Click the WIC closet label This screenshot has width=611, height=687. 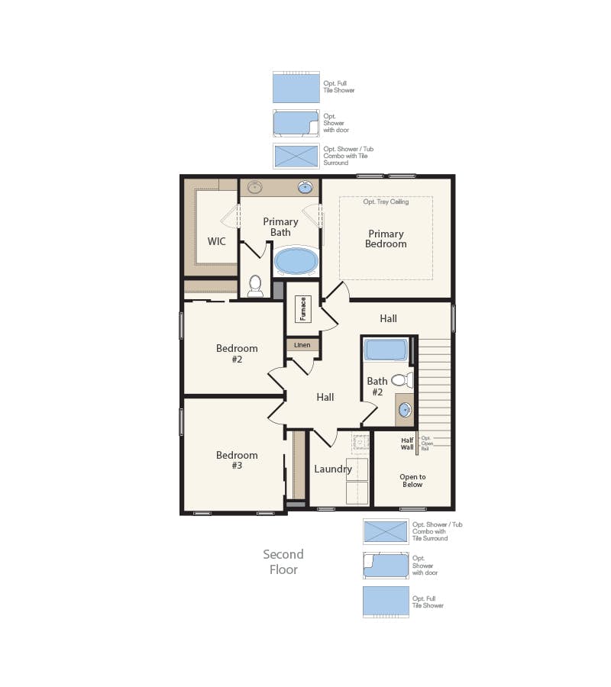(216, 241)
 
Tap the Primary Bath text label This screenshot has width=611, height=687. (280, 227)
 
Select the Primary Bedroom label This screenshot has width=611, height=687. (386, 239)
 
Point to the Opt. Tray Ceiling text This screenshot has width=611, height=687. (386, 202)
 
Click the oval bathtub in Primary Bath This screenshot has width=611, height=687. (296, 261)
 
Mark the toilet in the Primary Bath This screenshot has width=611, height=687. (255, 286)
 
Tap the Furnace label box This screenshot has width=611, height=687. (302, 309)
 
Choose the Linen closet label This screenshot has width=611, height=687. (302, 345)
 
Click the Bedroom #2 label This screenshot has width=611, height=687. (237, 353)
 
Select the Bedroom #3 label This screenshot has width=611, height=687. (237, 460)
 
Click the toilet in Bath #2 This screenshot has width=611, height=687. (401, 380)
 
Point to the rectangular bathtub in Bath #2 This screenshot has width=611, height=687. (386, 350)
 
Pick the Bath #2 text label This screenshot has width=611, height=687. (377, 387)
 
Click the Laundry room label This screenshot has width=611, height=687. (333, 469)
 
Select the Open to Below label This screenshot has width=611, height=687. (412, 480)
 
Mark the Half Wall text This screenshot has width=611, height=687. (407, 443)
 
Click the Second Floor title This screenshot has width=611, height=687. (283, 562)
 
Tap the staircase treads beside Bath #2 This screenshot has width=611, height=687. (435, 382)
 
